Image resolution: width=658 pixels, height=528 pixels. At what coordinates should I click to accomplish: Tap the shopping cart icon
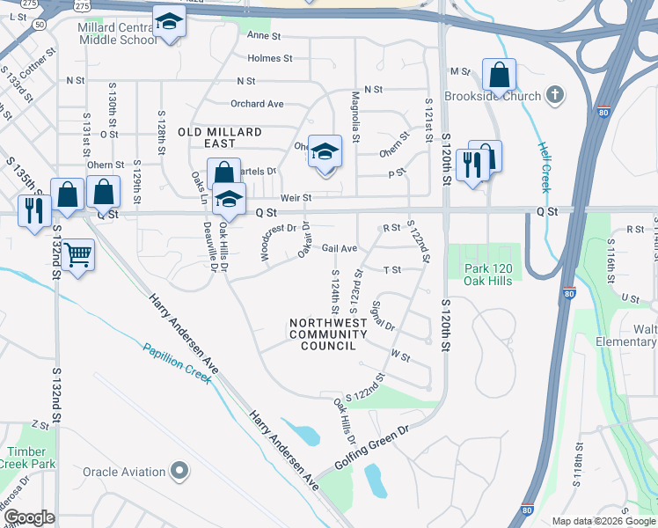point(78,255)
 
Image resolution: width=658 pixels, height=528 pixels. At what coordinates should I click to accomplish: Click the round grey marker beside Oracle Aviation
point(179,472)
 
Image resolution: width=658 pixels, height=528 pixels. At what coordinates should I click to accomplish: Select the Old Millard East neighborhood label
point(219,137)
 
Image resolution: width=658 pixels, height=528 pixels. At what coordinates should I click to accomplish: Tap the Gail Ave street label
point(340,249)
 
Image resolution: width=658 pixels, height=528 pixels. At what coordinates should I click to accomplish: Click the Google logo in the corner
point(30,517)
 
